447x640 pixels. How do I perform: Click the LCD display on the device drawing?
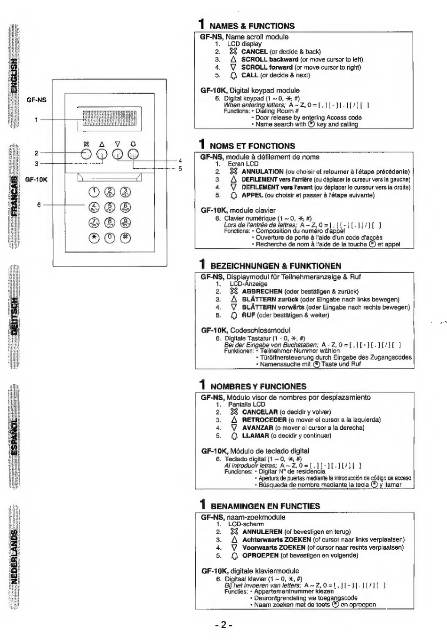[109, 119]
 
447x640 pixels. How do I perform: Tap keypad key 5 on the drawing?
[110, 207]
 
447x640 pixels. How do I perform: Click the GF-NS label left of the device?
[37, 100]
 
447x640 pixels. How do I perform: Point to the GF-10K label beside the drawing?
[36, 180]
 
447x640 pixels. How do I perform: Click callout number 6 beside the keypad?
[39, 205]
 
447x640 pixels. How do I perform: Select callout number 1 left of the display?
[37, 119]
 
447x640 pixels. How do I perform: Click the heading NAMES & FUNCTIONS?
[252, 26]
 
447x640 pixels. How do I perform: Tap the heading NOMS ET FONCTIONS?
[252, 146]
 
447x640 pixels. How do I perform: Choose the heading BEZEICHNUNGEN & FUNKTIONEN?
[275, 266]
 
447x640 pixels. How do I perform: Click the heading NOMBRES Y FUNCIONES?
[258, 387]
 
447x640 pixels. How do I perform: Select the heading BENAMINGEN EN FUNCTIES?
[265, 506]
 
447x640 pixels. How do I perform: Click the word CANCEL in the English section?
[254, 52]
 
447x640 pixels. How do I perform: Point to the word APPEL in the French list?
[252, 195]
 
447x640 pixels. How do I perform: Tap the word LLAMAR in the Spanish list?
[255, 435]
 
